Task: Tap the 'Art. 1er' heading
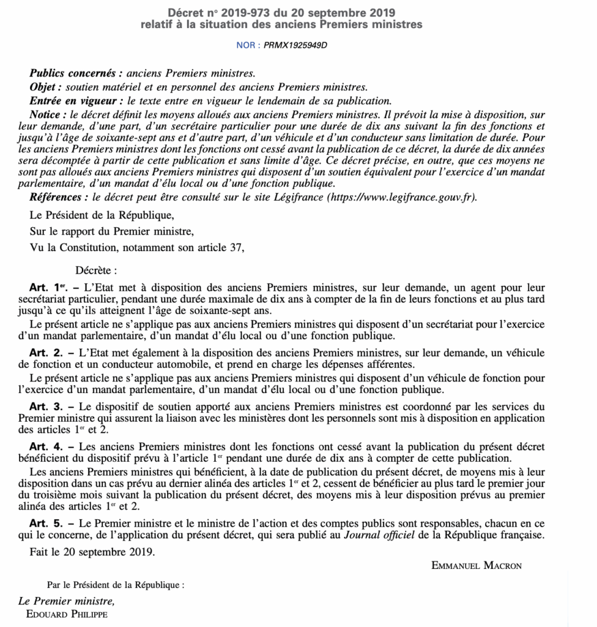click(46, 288)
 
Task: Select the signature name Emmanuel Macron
click(476, 566)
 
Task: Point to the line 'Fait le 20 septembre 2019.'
click(93, 552)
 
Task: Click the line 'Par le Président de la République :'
click(116, 585)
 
